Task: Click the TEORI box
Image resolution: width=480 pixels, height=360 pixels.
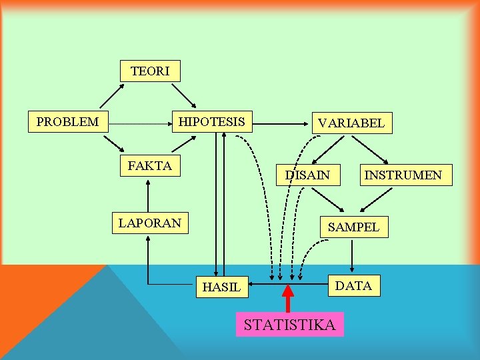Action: click(150, 71)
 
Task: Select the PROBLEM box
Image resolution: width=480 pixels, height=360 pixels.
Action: click(68, 122)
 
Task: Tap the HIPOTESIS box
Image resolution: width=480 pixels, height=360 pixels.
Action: click(212, 122)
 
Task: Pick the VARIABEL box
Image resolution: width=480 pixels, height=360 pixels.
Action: click(351, 123)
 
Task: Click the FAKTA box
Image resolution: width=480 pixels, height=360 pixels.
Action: click(149, 166)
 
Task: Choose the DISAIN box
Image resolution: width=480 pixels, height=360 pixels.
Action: click(307, 175)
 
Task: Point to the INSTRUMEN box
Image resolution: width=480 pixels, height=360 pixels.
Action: click(402, 175)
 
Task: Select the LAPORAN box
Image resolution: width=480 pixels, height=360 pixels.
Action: click(150, 223)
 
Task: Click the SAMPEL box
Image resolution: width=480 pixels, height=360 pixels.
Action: click(353, 227)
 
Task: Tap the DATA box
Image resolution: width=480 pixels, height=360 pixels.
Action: click(353, 286)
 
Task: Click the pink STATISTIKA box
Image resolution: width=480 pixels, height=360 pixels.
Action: click(289, 325)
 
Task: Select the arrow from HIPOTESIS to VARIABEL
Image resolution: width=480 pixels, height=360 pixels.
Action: click(280, 123)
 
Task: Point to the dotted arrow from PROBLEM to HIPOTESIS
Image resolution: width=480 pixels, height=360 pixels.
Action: click(140, 123)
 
